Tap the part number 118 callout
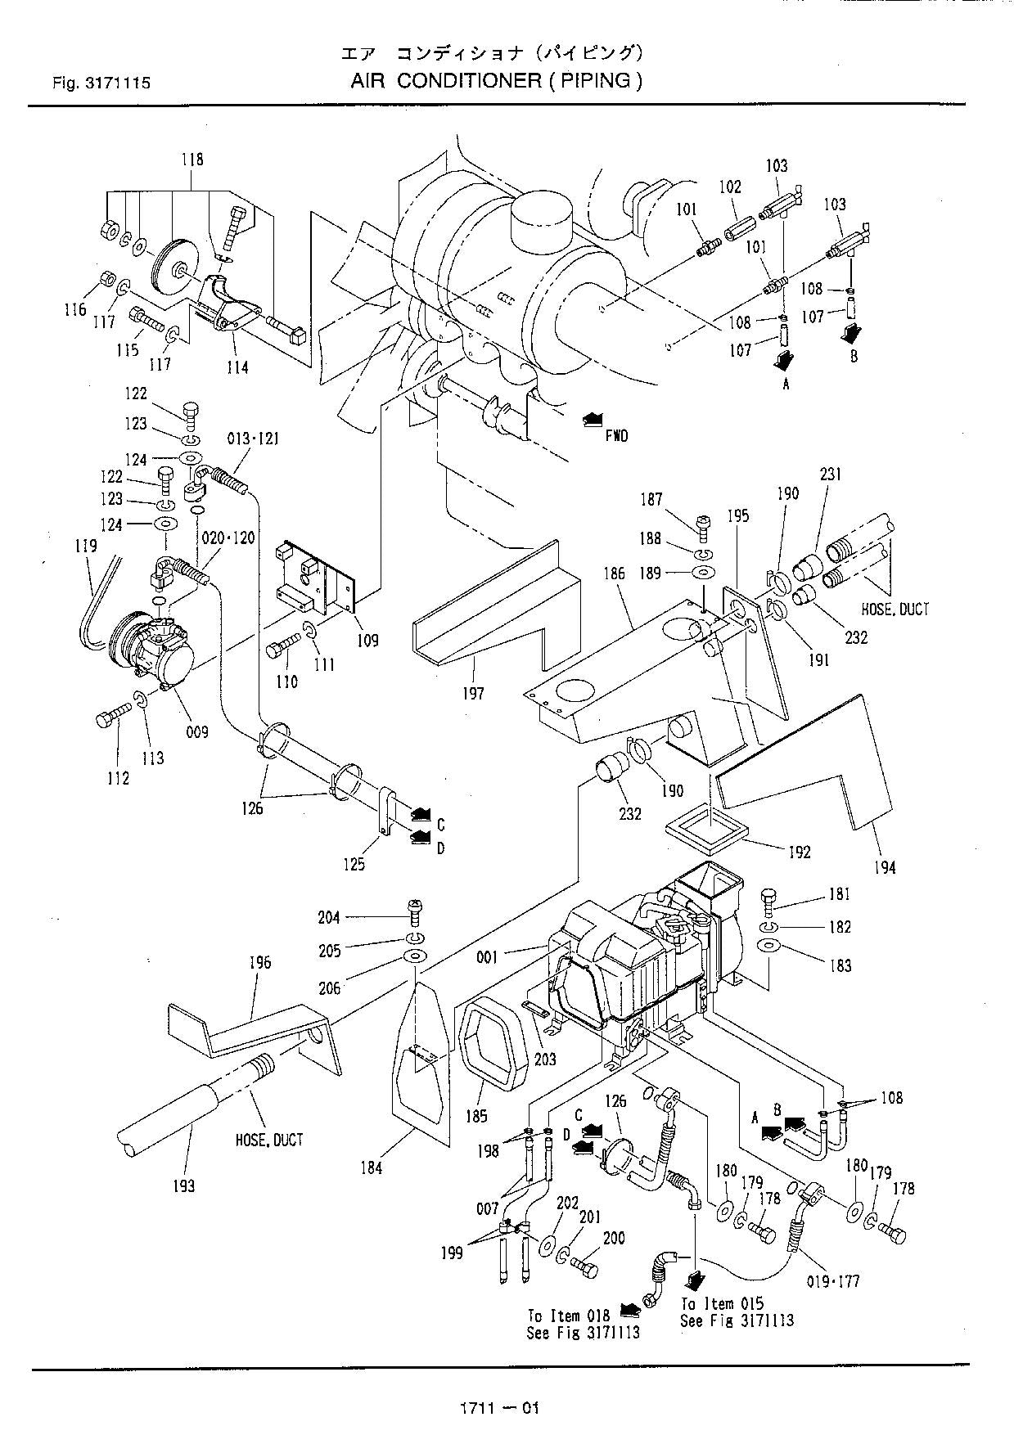(x=192, y=160)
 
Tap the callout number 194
(x=884, y=867)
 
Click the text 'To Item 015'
(x=723, y=1303)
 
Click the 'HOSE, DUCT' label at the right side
(x=895, y=609)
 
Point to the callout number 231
(x=829, y=475)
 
